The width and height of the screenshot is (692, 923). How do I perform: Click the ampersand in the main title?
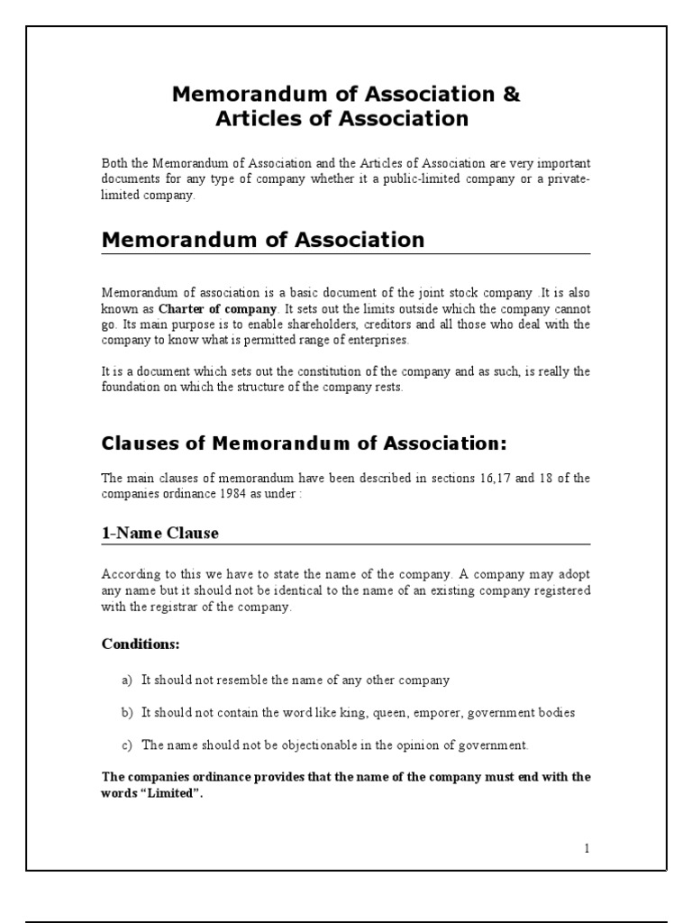coord(511,94)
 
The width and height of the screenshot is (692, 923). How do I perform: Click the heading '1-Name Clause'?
coord(159,533)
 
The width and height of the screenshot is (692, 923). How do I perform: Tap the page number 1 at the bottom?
coord(586,847)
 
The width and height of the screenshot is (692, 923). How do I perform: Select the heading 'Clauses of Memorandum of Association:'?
coord(305,443)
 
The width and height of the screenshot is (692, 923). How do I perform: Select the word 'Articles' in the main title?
coord(258,118)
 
